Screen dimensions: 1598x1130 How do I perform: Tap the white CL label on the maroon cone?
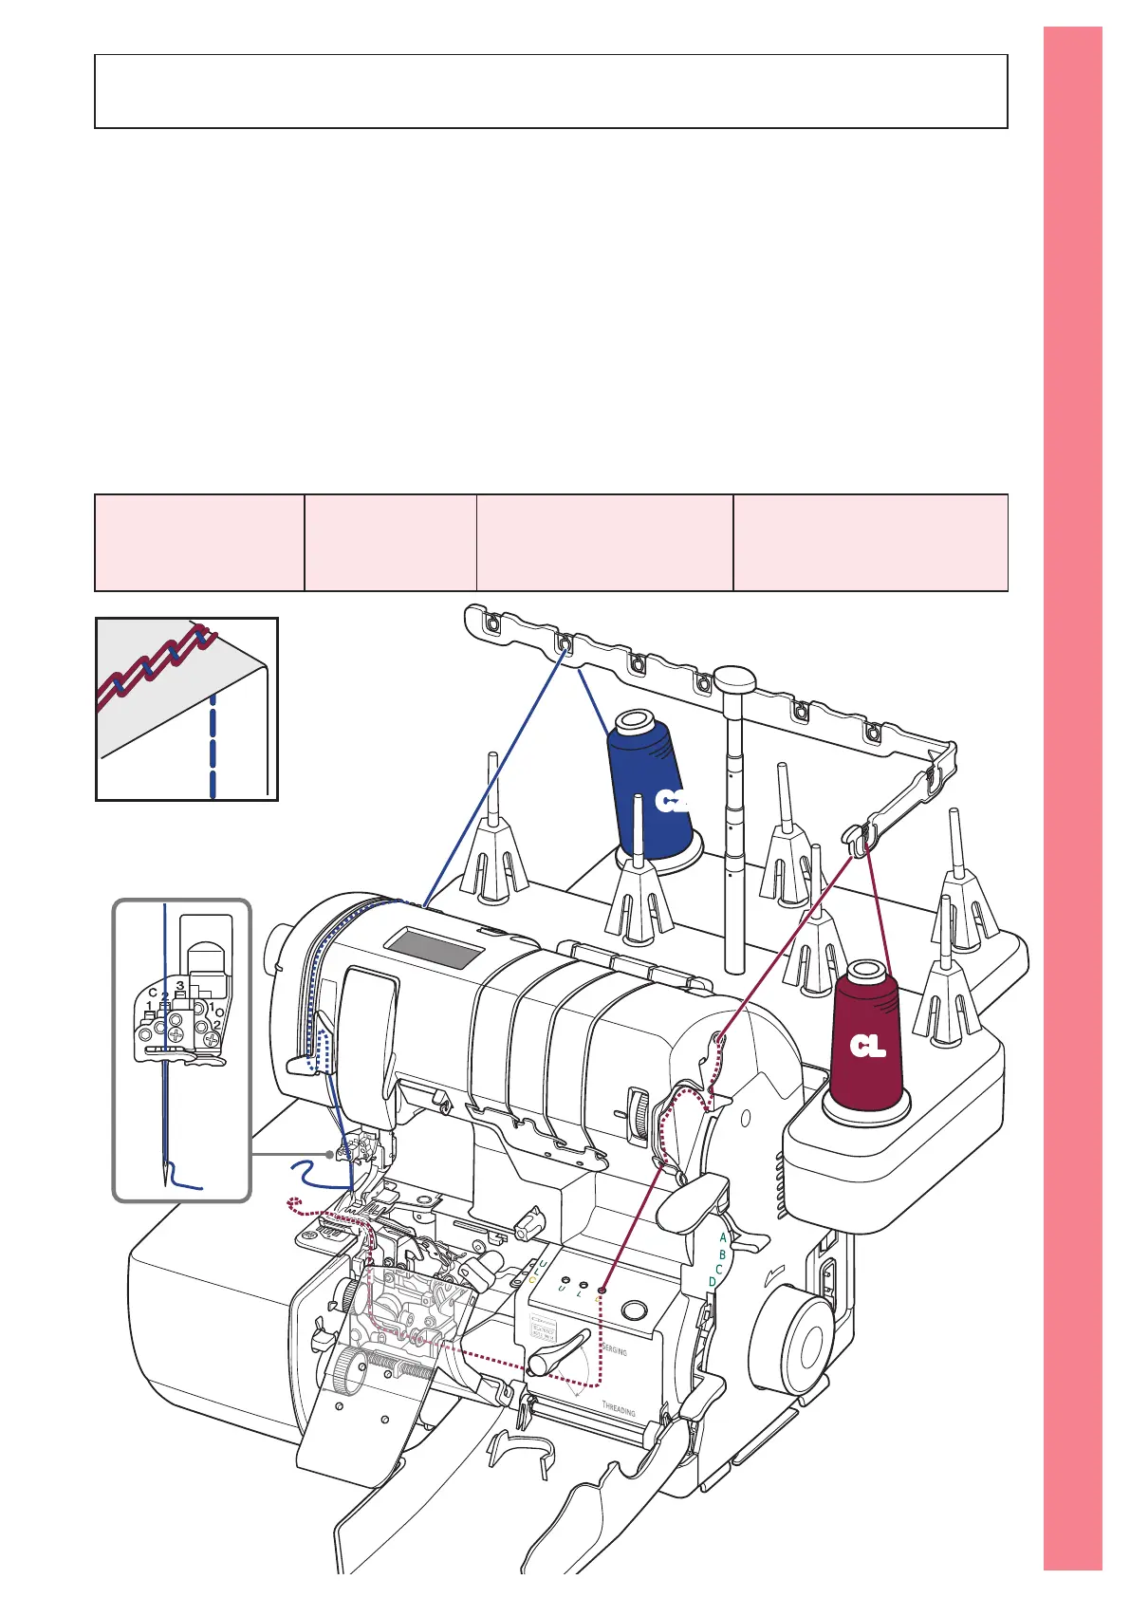[867, 1047]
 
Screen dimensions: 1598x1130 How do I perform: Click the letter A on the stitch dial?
[723, 1237]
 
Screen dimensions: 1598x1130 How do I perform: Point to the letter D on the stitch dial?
[713, 1282]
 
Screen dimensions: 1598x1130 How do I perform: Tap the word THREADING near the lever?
[619, 1406]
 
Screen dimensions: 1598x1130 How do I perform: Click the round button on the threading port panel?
[633, 1311]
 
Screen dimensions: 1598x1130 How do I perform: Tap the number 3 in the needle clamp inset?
[179, 985]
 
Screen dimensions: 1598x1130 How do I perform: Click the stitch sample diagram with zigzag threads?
[187, 709]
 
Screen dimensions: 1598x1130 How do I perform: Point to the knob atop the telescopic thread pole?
[734, 678]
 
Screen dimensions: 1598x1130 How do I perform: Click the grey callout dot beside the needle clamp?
[330, 1154]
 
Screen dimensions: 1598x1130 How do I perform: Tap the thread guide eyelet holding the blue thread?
[565, 644]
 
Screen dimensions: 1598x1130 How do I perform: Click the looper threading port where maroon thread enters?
[601, 1291]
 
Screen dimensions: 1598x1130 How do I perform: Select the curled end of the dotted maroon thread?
[293, 1205]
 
